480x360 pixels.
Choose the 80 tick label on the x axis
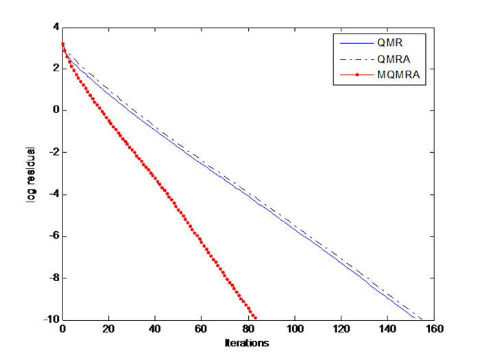point(248,330)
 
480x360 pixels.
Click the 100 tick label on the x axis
point(294,330)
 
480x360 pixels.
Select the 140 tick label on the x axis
point(387,330)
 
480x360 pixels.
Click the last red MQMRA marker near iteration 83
point(255,318)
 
